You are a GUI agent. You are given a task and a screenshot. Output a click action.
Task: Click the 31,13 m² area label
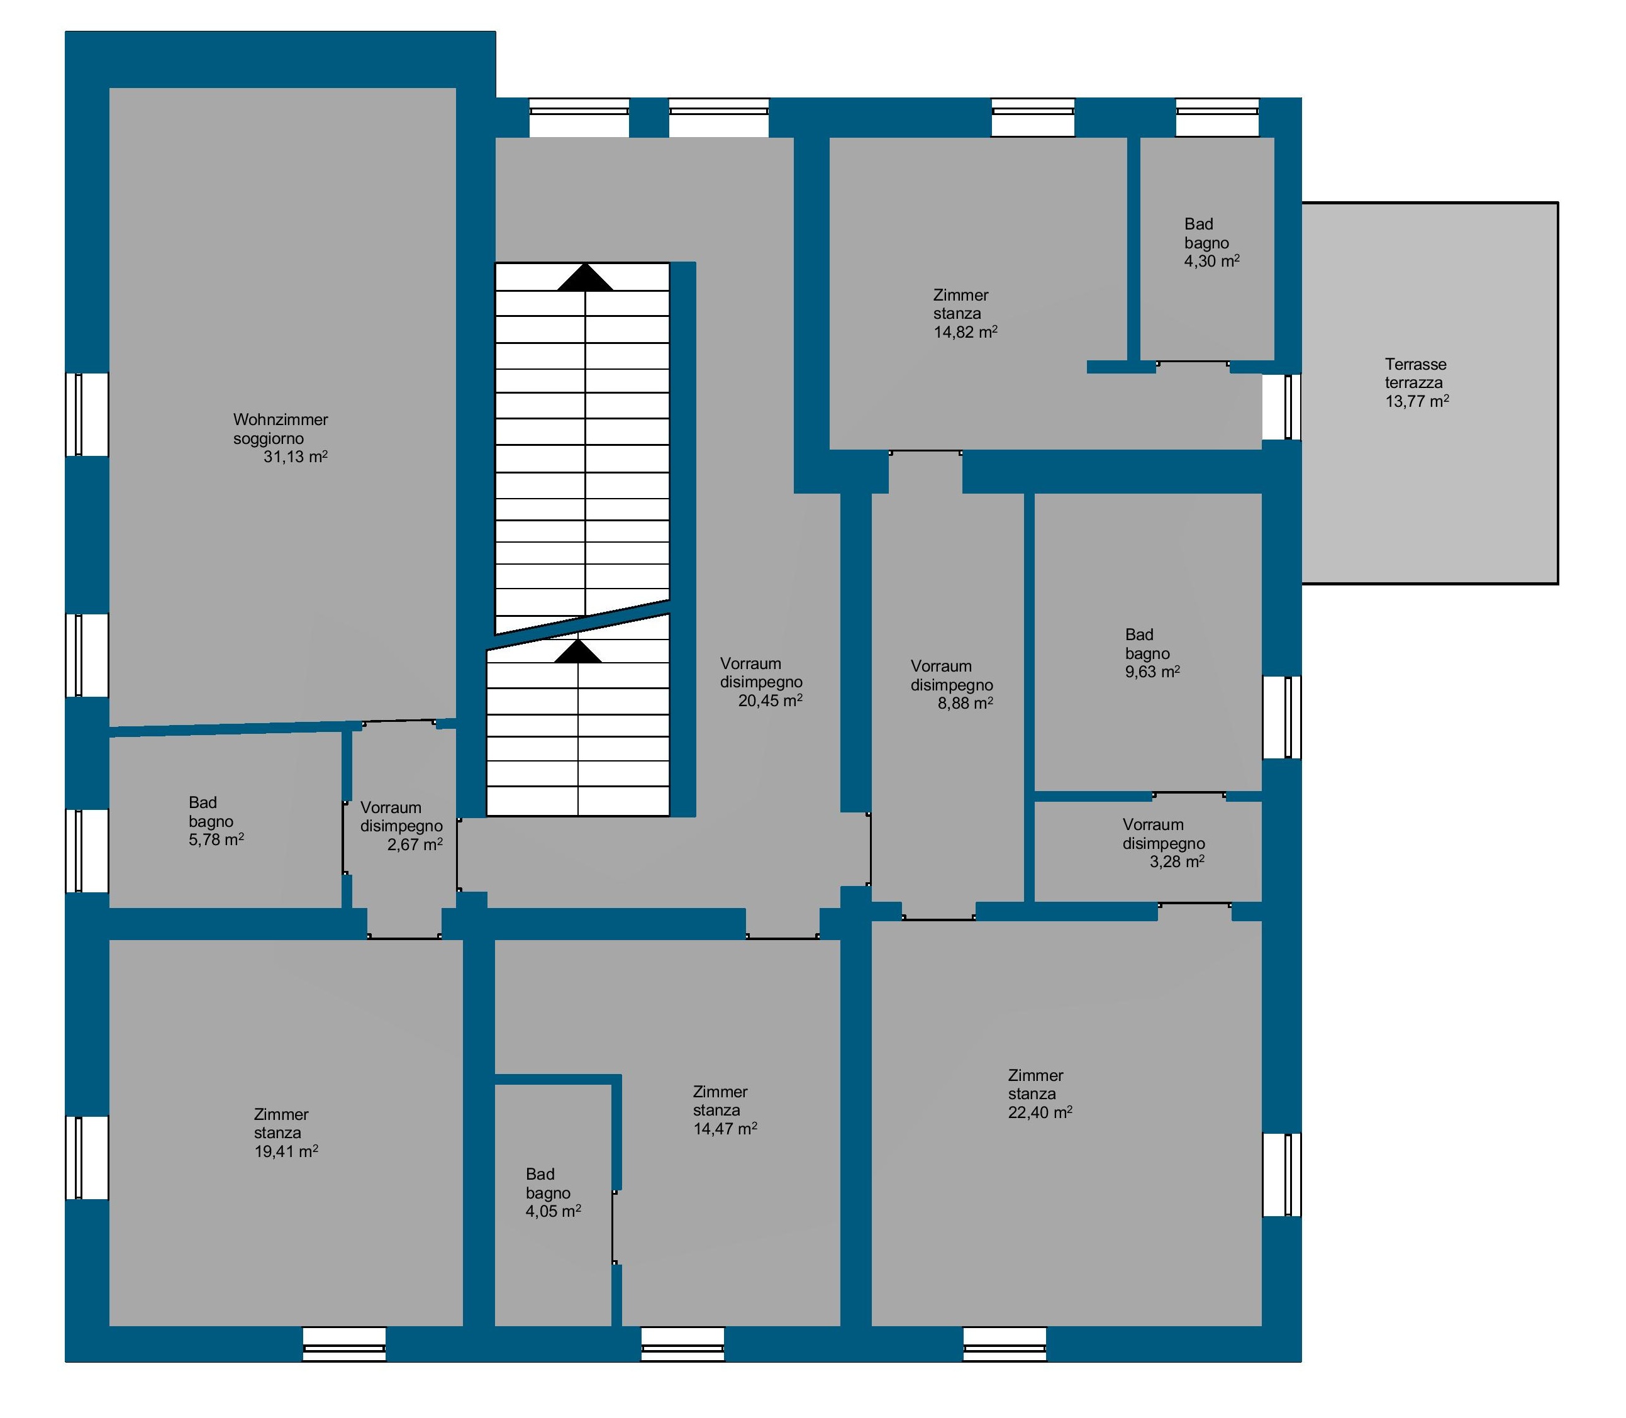click(x=295, y=457)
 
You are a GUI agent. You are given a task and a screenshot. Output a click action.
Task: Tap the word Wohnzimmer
click(x=281, y=419)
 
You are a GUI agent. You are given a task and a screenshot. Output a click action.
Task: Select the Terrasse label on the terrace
click(x=1415, y=364)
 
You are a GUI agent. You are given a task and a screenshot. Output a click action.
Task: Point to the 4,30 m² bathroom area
click(x=1211, y=261)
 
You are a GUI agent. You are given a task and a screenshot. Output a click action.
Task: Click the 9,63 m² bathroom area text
click(x=1152, y=672)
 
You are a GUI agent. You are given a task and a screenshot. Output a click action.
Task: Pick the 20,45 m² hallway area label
click(x=771, y=701)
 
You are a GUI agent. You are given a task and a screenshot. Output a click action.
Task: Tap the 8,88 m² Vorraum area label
click(x=965, y=702)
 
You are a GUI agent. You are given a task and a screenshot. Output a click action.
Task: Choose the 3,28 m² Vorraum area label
click(x=1177, y=861)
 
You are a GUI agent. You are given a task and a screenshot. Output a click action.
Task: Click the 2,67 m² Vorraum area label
click(x=415, y=845)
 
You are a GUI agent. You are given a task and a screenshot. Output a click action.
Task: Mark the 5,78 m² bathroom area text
click(x=216, y=839)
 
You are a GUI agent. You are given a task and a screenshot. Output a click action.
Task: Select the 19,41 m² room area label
click(x=286, y=1151)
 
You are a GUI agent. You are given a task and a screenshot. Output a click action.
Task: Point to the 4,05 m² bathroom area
click(x=554, y=1212)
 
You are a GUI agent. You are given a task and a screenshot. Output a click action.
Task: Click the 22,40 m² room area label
click(x=1040, y=1112)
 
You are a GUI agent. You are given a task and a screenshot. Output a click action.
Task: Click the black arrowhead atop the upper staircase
click(x=585, y=278)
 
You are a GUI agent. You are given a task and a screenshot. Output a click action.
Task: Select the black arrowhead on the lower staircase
click(x=578, y=651)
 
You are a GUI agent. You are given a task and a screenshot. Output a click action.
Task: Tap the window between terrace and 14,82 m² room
click(x=1282, y=407)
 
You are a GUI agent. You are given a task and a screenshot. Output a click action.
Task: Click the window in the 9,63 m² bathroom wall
click(x=1282, y=717)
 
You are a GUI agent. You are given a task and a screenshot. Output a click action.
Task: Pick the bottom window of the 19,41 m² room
click(x=344, y=1344)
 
